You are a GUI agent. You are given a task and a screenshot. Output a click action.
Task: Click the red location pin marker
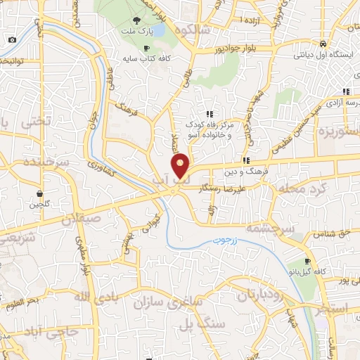coord(181,165)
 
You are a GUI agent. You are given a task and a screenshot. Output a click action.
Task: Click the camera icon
coord(12,39)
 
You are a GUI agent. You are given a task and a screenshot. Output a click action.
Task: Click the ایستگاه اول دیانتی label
coord(322,54)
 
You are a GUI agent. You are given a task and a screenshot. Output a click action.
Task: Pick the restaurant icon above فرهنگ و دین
coord(246,160)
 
